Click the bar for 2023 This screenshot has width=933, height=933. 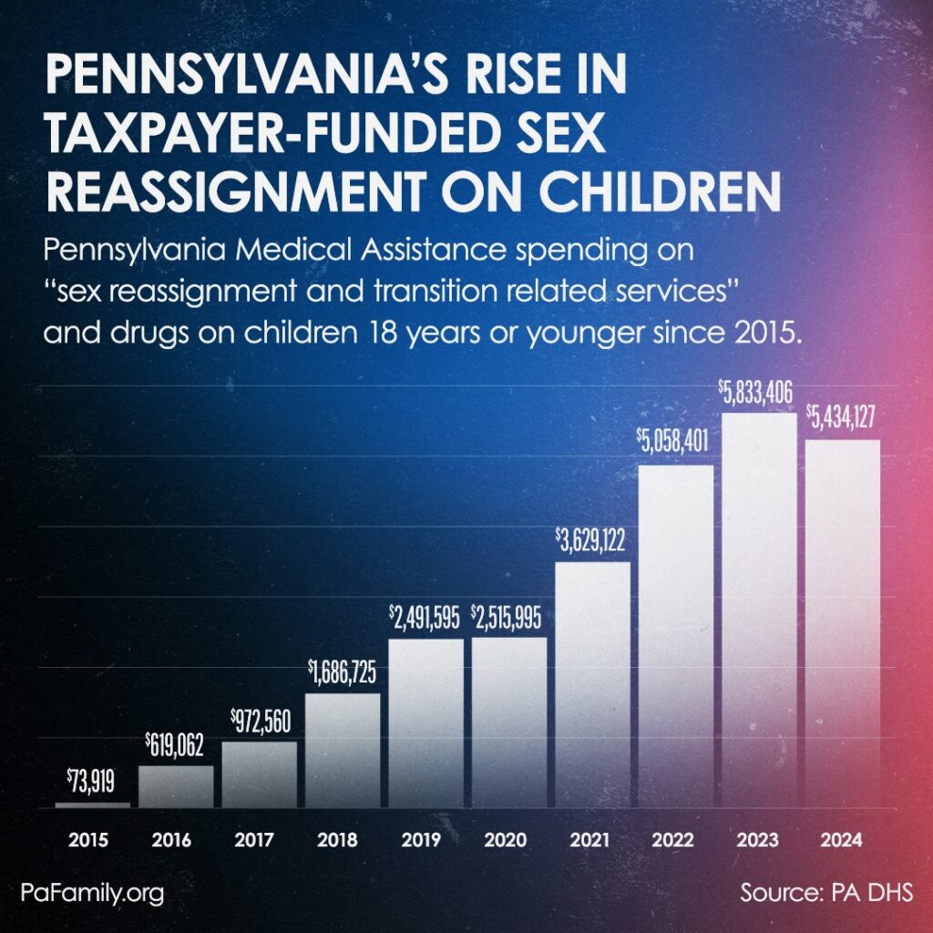[759, 610]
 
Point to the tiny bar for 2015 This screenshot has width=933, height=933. [92, 805]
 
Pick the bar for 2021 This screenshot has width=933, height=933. [593, 683]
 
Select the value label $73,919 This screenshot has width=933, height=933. [92, 780]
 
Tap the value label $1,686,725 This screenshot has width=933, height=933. [343, 674]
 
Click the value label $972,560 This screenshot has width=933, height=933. [259, 723]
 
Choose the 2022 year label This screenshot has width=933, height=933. [676, 839]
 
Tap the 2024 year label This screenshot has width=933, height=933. [843, 839]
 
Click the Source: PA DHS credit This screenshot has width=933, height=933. [826, 892]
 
